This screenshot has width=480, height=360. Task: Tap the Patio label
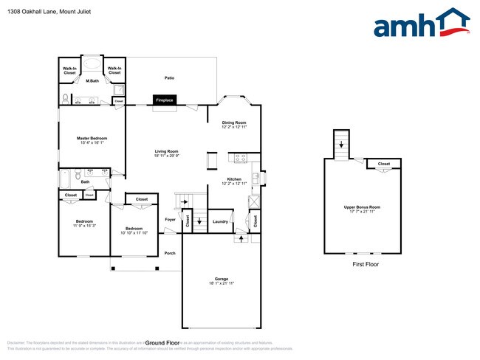point(169,77)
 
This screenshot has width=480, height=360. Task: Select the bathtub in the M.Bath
point(92,63)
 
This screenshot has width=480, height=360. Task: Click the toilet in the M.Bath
point(66,97)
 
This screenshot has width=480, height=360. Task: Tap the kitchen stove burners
point(241,157)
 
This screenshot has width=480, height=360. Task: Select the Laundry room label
point(220,221)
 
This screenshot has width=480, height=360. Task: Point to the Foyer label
point(170,219)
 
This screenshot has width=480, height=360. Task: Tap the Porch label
point(170,253)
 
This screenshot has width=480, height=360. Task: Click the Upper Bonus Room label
point(362,207)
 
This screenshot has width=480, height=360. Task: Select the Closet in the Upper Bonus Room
point(384,164)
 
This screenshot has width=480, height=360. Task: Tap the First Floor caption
point(365,264)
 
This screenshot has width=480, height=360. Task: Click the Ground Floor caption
point(162,343)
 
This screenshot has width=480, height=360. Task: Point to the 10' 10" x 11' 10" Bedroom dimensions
point(134,233)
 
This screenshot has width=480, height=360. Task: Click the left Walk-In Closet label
point(70,71)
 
